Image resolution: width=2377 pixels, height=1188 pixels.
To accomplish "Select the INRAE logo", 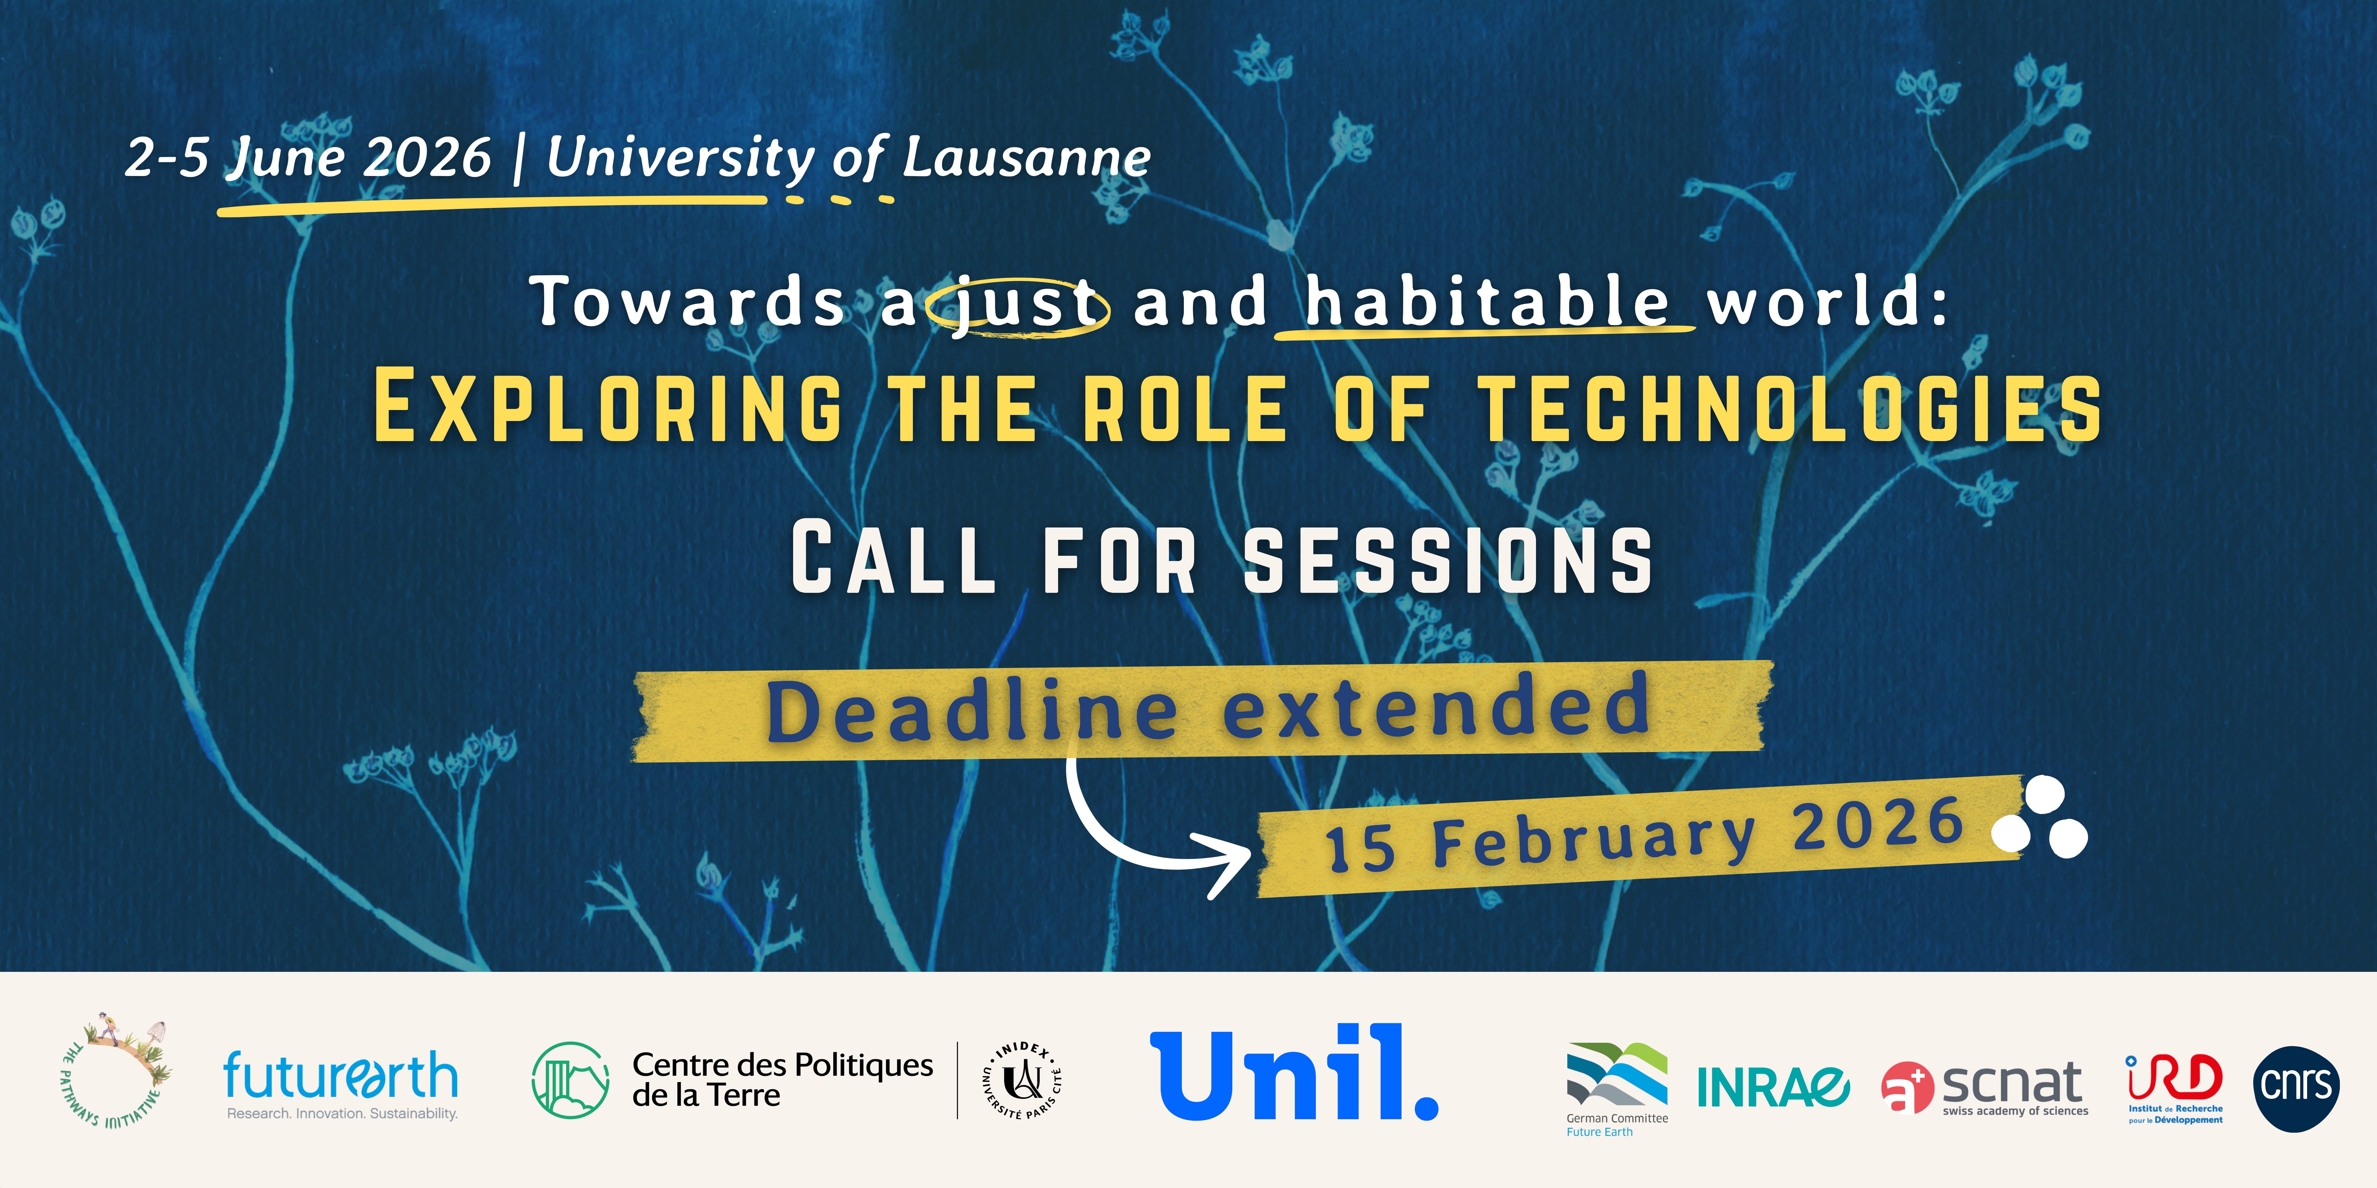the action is click(1773, 1087).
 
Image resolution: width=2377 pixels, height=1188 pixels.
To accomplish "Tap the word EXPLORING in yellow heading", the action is click(608, 407).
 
